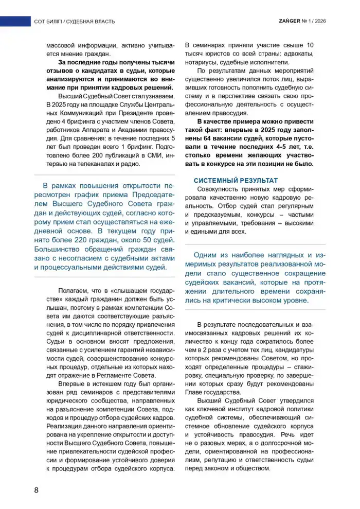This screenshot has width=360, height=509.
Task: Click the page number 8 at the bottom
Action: [37, 489]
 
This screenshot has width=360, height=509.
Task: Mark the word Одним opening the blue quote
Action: [208, 255]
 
